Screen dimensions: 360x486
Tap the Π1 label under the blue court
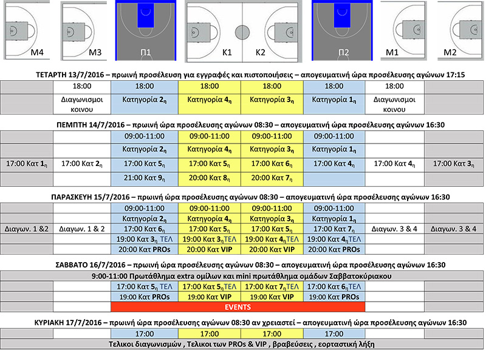click(146, 53)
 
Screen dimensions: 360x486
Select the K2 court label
click(261, 53)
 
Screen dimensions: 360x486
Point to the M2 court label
click(450, 53)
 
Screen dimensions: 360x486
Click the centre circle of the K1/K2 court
click(242, 32)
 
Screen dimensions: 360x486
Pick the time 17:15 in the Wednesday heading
click(454, 75)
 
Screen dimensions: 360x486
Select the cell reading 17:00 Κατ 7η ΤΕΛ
click(272, 285)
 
